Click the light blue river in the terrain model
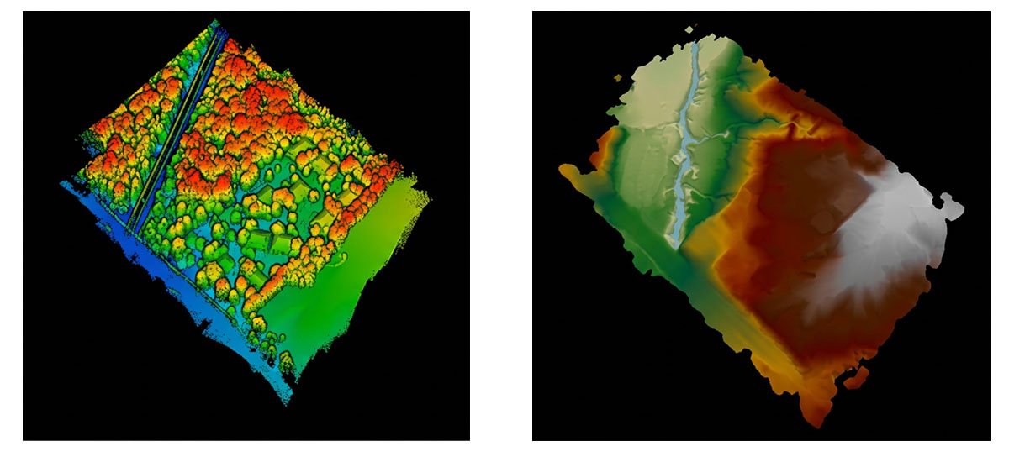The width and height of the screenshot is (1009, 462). coord(685,151)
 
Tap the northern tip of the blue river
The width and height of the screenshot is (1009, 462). coord(695,46)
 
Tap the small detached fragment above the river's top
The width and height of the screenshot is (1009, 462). coord(690,30)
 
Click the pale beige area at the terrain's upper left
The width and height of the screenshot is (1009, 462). coord(652,92)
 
